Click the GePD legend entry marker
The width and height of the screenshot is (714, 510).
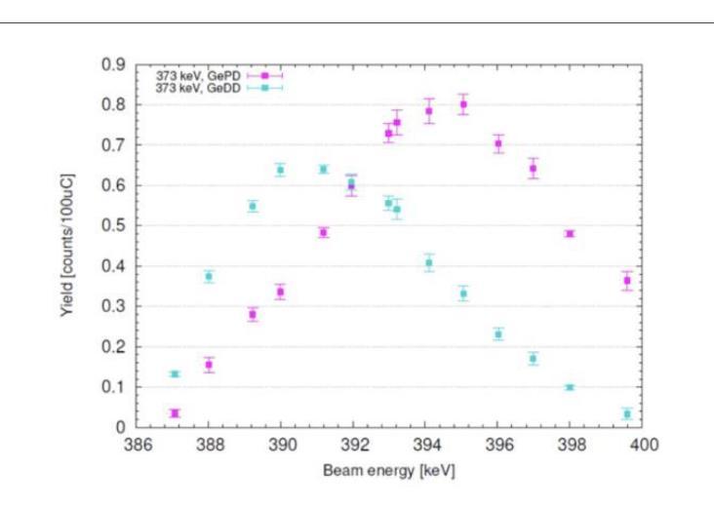coord(263,75)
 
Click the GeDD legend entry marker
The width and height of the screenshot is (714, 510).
coord(263,88)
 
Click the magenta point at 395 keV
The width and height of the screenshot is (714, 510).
coord(463,104)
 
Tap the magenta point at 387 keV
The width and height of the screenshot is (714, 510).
coord(175,413)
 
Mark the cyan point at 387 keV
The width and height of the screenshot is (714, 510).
coord(175,373)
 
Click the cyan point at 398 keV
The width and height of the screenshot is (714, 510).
coord(570,387)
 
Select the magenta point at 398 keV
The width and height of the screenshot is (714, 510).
coord(570,234)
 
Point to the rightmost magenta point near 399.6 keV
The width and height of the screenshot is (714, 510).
coord(627,281)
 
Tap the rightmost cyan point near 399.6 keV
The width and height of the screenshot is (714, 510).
coord(627,414)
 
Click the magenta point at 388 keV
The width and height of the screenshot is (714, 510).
coord(209,365)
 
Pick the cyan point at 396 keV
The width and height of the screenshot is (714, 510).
coord(498,334)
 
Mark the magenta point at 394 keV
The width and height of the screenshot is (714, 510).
coord(428,111)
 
